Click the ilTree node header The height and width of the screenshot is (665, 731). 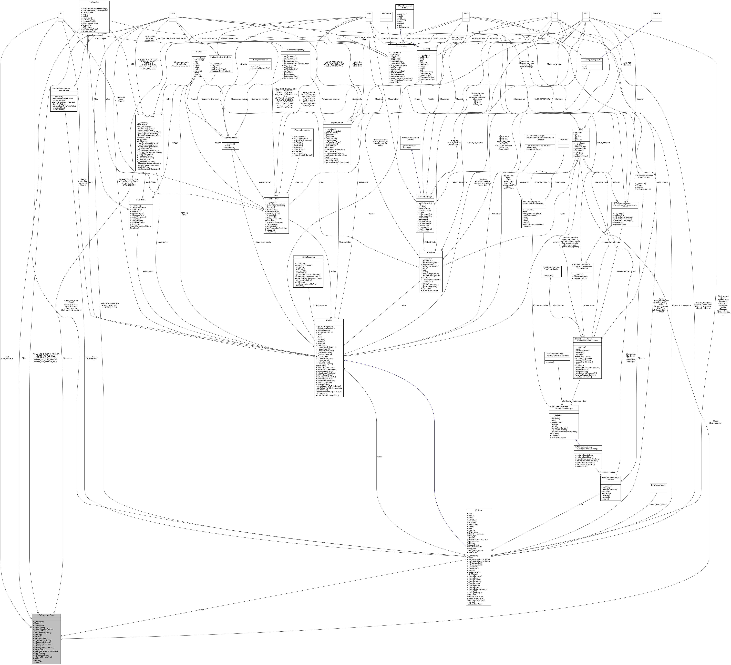276,196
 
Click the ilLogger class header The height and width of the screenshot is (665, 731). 199,52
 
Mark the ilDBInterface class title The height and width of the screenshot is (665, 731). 94,2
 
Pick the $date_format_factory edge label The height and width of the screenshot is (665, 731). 658,504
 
